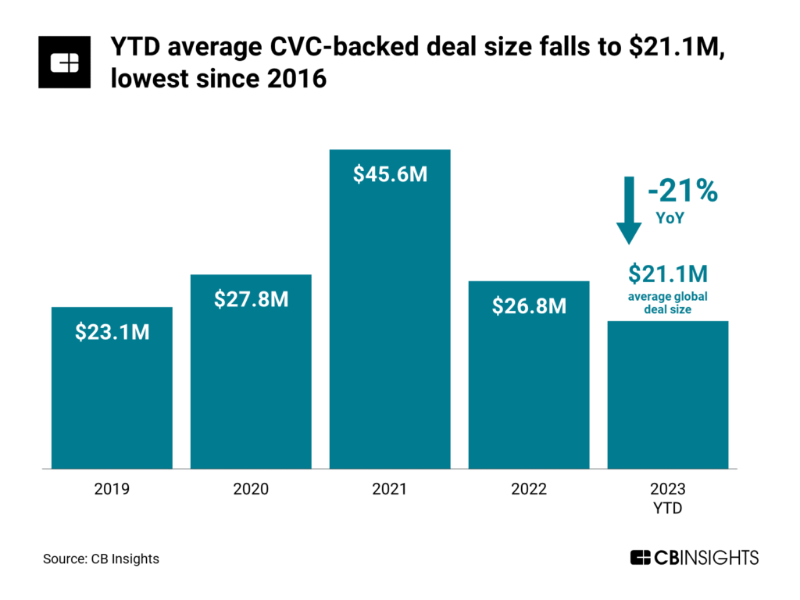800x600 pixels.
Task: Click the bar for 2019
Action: click(x=112, y=398)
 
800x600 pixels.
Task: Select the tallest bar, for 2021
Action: click(x=390, y=328)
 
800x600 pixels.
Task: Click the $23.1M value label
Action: click(x=112, y=332)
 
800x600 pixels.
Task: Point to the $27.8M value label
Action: click(x=251, y=298)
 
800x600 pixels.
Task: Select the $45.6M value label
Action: click(x=390, y=174)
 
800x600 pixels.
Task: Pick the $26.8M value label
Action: click(x=529, y=305)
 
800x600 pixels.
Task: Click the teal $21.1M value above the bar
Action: click(x=668, y=274)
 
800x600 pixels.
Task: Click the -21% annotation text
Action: click(x=682, y=191)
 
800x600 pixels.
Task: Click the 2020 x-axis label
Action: click(x=251, y=490)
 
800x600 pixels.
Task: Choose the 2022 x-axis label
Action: click(x=529, y=490)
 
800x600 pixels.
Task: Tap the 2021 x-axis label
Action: click(x=390, y=490)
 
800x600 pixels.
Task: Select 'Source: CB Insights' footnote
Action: click(x=101, y=559)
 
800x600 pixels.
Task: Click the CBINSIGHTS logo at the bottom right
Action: click(x=694, y=558)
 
